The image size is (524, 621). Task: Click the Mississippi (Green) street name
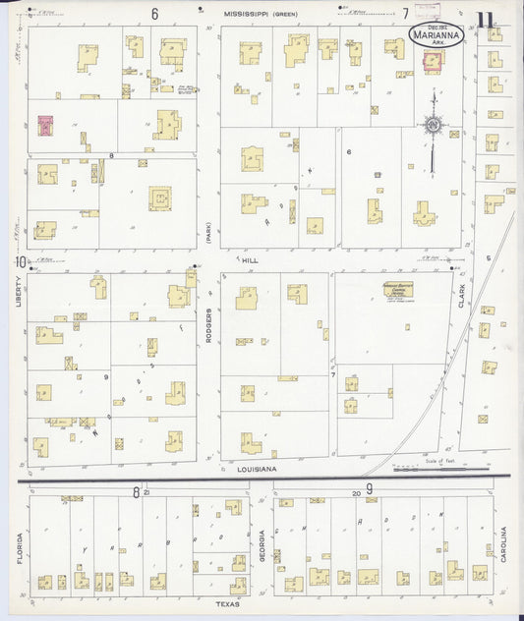tap(260, 14)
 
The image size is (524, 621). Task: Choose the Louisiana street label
tap(257, 471)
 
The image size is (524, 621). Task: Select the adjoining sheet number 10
tap(19, 261)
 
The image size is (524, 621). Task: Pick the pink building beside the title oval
tap(433, 61)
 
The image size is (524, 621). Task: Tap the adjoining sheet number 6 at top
tap(154, 13)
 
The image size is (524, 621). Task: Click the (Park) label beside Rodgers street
tap(208, 232)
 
